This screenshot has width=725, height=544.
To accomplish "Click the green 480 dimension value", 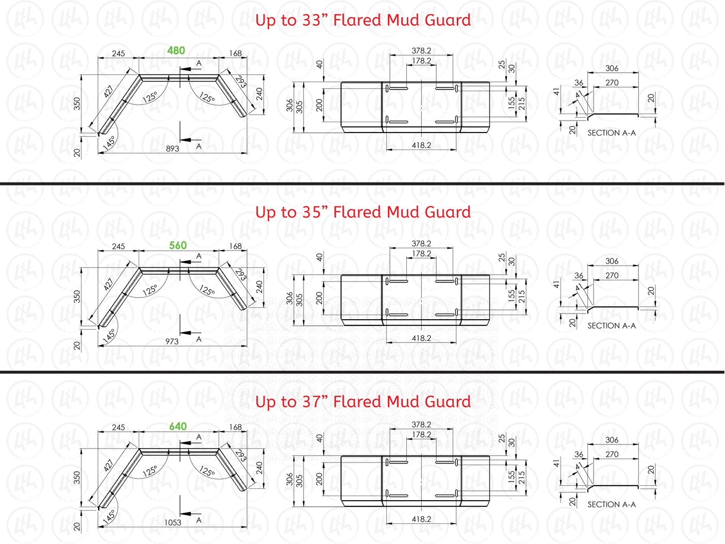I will [176, 51].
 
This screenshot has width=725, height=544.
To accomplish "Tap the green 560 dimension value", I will [178, 245].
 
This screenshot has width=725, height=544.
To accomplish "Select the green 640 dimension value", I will [178, 426].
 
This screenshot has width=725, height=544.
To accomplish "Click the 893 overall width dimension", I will [172, 149].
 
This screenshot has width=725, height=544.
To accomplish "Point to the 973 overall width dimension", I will [172, 341].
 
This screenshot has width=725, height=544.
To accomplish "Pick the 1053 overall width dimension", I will [173, 522].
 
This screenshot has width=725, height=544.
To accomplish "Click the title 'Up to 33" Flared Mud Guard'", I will [363, 20].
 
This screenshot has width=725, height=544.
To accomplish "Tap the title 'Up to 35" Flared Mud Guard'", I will [363, 212].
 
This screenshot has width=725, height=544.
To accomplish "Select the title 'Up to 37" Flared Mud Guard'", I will [363, 402].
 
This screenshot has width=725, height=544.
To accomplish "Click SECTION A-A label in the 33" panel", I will [612, 133].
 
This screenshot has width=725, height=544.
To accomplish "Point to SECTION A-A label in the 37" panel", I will [612, 505].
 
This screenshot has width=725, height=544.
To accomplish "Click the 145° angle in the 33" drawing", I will [109, 143].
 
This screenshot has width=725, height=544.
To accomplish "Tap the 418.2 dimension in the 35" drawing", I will [421, 338].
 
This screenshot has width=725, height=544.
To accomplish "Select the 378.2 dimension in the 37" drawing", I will [421, 424].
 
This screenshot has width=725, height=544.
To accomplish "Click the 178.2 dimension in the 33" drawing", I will [421, 61].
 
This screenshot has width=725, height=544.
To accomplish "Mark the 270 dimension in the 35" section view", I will [612, 275].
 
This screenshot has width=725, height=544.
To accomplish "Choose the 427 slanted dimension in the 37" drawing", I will [108, 465].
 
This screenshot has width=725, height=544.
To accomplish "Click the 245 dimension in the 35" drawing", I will [118, 246].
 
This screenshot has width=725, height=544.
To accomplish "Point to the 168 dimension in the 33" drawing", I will [235, 53].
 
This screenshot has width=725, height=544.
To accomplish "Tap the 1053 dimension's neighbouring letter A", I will [199, 520].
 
